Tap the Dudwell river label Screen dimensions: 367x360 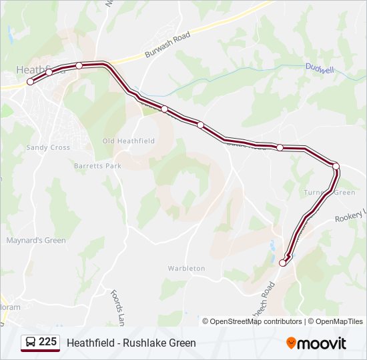pos(319,67)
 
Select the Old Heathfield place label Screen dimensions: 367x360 pos(128,141)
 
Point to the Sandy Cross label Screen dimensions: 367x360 pos(48,147)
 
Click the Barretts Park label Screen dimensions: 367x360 pos(97,165)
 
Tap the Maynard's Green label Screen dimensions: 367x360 pos(36,240)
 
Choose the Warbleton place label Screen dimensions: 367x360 pos(186,268)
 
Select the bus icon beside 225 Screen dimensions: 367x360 pos(30,342)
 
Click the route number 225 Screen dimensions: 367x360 pos(48,342)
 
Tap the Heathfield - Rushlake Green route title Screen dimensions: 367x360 pos(131,343)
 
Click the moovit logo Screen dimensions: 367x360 pos(316,343)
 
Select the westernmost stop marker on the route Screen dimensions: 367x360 pos(30,81)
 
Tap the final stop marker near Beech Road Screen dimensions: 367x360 pos(282,263)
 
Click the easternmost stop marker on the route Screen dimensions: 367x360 pos(336,166)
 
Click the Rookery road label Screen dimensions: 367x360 pos(350,217)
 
